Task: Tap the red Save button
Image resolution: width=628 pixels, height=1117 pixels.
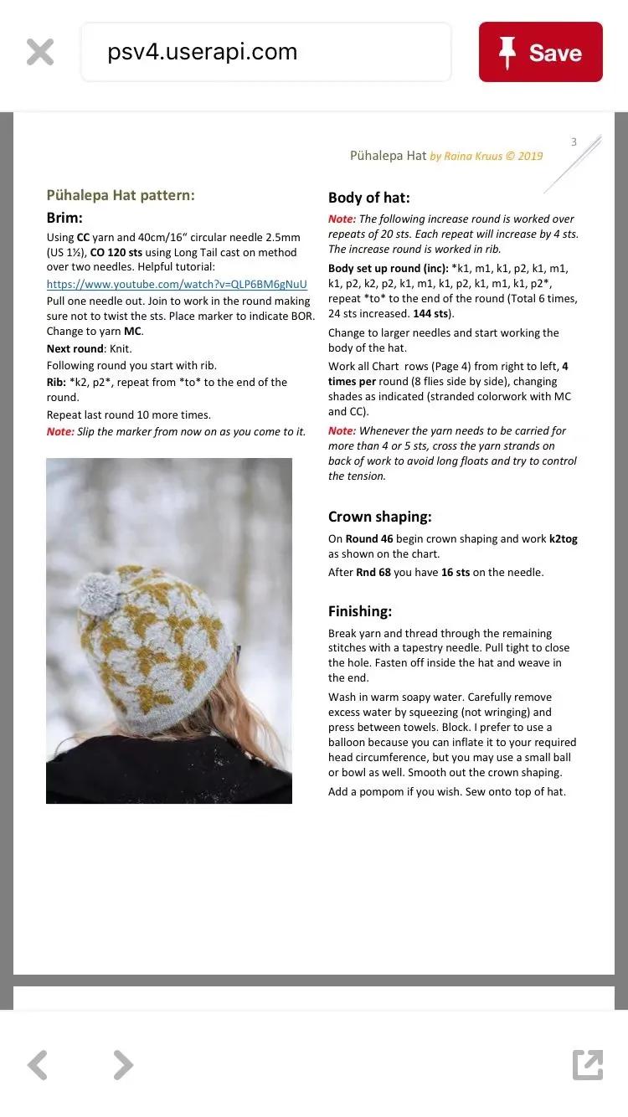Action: (x=540, y=52)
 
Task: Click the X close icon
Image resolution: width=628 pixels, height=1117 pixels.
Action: (x=39, y=52)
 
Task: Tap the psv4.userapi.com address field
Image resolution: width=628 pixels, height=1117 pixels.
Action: (x=265, y=52)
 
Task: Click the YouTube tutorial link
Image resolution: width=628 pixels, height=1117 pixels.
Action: (x=177, y=285)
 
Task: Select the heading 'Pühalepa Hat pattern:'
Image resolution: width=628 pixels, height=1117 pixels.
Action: (x=121, y=195)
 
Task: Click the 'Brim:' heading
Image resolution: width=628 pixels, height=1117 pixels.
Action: (x=64, y=218)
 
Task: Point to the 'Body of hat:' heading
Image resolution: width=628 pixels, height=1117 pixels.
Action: (x=368, y=198)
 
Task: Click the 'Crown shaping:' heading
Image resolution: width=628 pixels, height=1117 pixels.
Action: (x=379, y=517)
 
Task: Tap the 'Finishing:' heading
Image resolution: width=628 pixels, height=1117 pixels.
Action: (x=360, y=611)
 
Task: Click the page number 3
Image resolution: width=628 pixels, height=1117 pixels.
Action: (x=574, y=142)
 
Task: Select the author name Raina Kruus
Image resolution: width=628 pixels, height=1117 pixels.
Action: (x=470, y=156)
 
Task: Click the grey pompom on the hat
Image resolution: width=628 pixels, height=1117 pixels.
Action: (x=94, y=592)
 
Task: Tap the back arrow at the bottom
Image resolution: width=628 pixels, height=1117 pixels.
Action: (x=38, y=1065)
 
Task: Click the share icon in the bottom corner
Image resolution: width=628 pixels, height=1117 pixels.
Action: (x=587, y=1065)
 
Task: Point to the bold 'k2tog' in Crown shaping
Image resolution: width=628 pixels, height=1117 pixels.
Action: (x=563, y=539)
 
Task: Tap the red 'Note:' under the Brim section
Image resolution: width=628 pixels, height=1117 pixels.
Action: (x=60, y=432)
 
